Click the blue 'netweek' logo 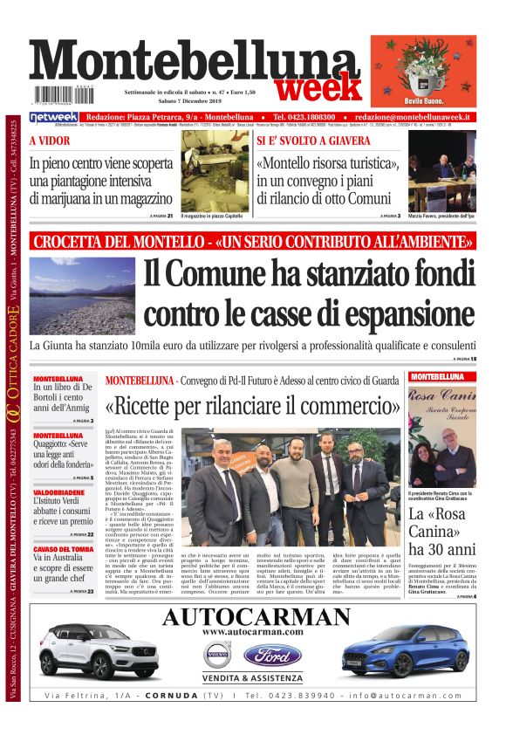pyautogui.click(x=54, y=117)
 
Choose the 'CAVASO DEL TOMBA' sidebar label pyautogui.click(x=63, y=548)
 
